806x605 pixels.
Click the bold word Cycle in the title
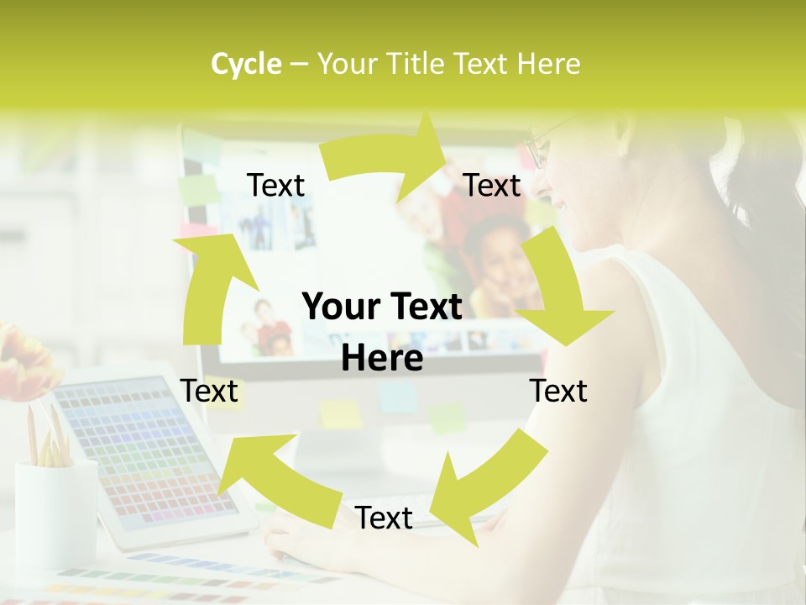click(246, 64)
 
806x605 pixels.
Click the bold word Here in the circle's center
click(382, 359)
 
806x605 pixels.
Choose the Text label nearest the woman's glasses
click(492, 185)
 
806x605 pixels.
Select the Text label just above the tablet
click(210, 391)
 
